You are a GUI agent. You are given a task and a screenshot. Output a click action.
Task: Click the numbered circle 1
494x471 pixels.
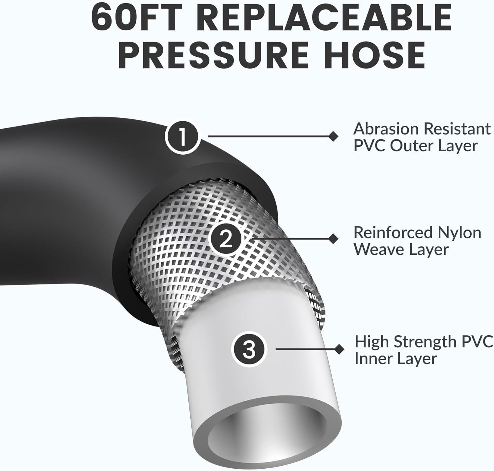tap(182, 136)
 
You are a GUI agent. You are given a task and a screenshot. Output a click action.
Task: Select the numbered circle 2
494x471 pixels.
tap(226, 239)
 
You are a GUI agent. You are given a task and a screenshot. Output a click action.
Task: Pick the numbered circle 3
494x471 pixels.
tap(249, 349)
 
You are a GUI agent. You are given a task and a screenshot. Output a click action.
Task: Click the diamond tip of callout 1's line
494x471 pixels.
tap(333, 136)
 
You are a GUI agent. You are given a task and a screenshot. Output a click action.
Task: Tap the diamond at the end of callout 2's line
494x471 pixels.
tap(333, 239)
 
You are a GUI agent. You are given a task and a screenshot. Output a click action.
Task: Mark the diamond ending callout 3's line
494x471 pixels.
tap(339, 349)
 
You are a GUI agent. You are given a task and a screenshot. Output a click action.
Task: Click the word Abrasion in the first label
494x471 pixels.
tap(386, 129)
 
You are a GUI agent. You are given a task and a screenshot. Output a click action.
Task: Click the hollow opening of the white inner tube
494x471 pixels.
tap(266, 432)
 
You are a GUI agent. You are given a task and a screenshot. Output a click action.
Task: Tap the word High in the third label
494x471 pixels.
tap(371, 342)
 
